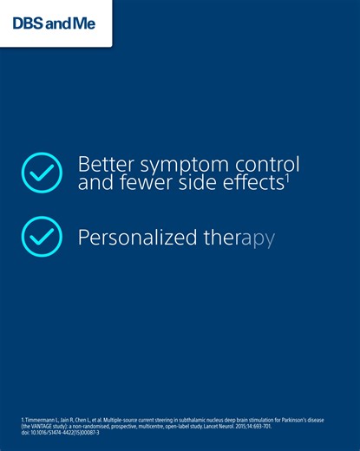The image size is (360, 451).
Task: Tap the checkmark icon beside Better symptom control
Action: [x=42, y=172]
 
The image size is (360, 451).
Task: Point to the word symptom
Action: [x=186, y=165]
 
